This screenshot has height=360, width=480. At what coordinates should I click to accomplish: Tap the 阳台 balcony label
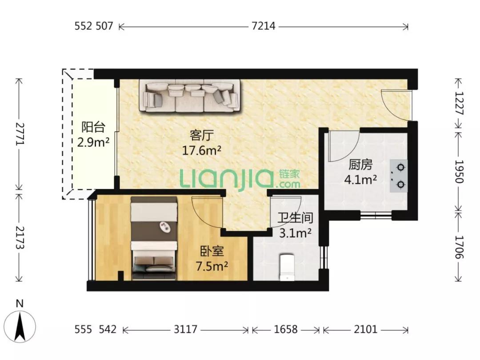pos(93,127)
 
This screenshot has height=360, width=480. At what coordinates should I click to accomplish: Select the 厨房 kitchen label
pos(360,165)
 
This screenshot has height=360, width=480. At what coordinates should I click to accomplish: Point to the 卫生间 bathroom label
pos(295,218)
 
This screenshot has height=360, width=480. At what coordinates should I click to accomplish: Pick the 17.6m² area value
pos(202,150)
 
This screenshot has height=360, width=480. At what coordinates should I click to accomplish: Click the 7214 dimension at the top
pos(263,26)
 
